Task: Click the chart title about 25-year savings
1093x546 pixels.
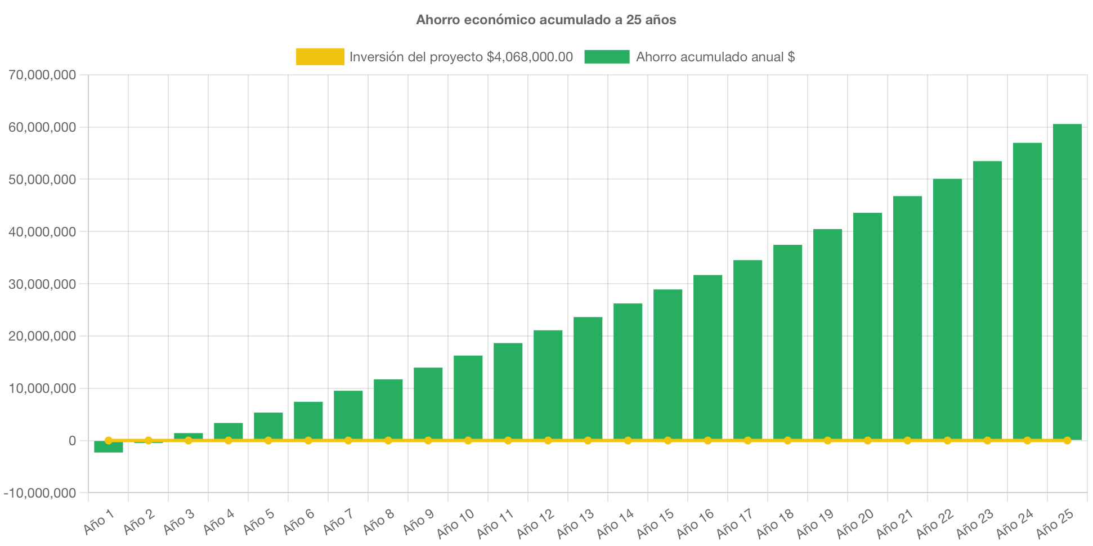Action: tap(546, 20)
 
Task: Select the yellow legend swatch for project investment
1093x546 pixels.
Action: tap(320, 57)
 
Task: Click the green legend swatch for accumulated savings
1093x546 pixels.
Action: tap(607, 57)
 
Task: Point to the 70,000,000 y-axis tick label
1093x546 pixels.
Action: tap(42, 75)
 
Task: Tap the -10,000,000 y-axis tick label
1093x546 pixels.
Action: tap(40, 493)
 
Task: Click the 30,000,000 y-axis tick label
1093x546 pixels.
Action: tap(42, 284)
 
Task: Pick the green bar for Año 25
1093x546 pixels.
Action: tap(1067, 281)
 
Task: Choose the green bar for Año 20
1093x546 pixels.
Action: tap(868, 326)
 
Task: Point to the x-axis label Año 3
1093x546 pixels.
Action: tap(179, 522)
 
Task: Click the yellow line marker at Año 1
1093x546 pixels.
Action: tap(109, 440)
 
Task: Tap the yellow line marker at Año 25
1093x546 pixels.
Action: tap(1067, 440)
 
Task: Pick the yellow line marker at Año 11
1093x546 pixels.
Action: tap(508, 440)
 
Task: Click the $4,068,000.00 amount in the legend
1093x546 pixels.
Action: tap(530, 57)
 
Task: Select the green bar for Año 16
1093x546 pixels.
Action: tap(708, 357)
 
